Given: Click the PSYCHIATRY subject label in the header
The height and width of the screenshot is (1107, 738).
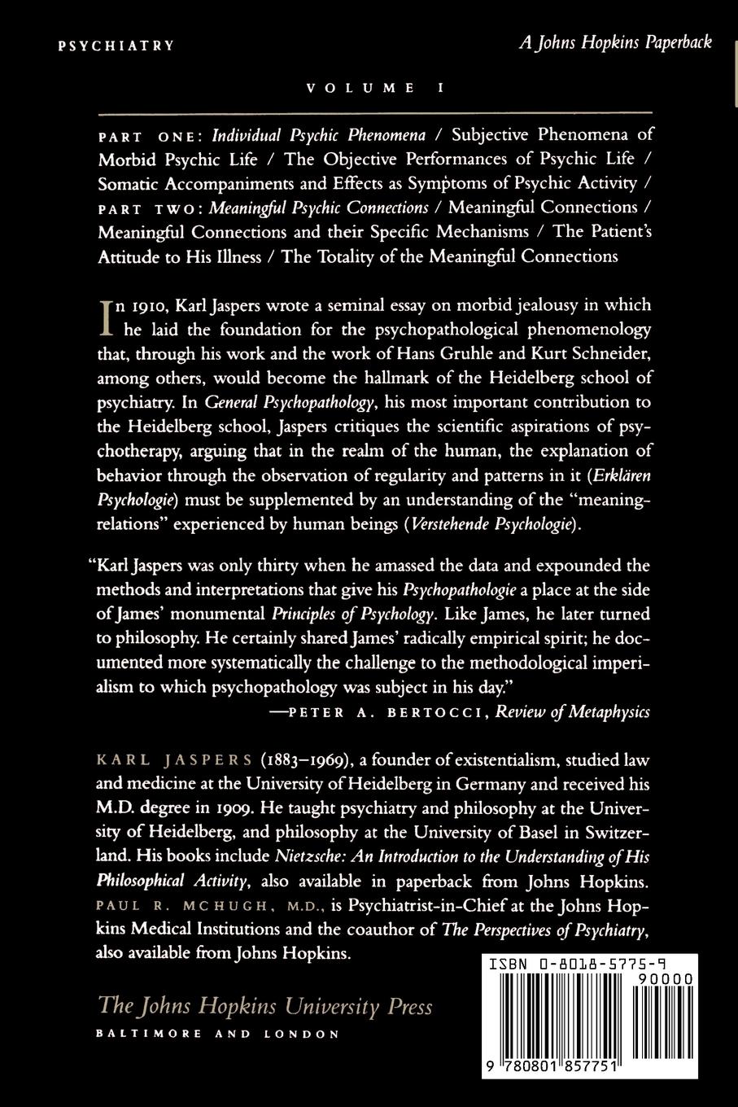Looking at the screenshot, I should click(x=116, y=46).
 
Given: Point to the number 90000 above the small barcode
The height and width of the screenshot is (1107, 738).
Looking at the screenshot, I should click(x=665, y=979).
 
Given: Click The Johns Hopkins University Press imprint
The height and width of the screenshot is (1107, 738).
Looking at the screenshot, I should click(x=264, y=1006).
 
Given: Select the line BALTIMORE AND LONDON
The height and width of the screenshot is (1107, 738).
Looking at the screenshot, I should click(x=217, y=1035).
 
